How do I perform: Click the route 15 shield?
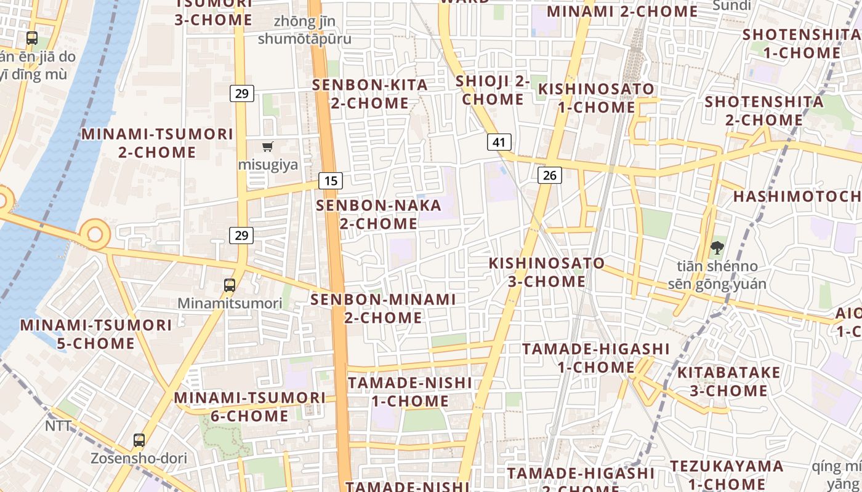[331, 181]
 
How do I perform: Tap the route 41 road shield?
[499, 142]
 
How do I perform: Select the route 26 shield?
[549, 175]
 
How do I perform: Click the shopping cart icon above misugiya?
[267, 146]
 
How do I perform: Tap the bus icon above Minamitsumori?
[230, 285]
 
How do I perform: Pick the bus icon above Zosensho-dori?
[139, 440]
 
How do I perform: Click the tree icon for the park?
[717, 248]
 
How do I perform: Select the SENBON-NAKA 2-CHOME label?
[379, 214]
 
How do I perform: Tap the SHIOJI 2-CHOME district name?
[493, 90]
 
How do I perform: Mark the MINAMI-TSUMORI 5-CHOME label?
[96, 334]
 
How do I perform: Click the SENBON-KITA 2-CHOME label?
[370, 93]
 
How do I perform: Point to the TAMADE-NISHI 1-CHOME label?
[410, 392]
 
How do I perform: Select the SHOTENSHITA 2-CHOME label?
[764, 110]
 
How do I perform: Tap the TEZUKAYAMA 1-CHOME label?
[727, 475]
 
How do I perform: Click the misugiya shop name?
[268, 165]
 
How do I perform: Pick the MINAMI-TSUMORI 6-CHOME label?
[249, 407]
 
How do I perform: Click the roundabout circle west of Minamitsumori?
[95, 234]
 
